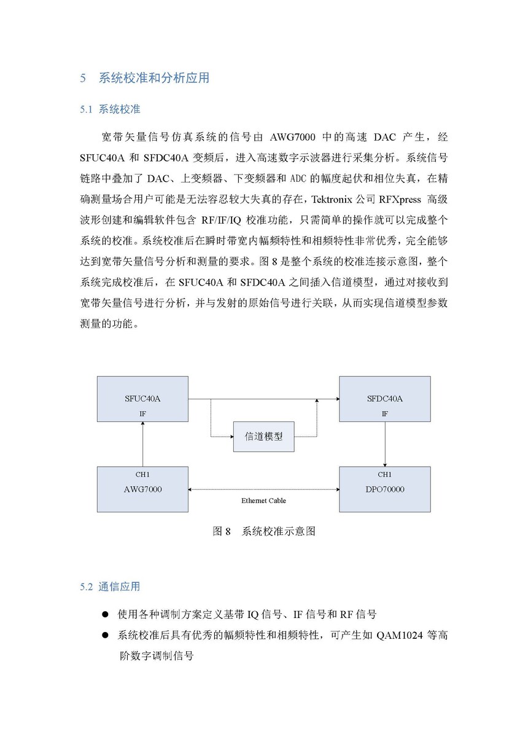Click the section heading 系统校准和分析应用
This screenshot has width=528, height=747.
154,78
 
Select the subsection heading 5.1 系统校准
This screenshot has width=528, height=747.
110,109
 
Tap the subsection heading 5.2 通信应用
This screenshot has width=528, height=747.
110,587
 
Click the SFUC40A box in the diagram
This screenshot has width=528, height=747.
142,399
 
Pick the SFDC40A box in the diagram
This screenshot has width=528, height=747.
385,399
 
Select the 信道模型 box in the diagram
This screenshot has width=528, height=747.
263,437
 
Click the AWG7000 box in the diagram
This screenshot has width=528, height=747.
142,489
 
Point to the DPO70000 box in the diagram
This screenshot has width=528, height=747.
385,489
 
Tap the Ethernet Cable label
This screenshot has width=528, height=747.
263,501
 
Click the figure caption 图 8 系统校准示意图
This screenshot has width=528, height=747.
264,531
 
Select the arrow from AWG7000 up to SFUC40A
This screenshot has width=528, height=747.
142,444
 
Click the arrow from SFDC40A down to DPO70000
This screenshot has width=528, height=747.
385,444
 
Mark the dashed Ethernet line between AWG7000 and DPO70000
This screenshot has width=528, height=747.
263,490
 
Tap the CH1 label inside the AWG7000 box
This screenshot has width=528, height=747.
142,474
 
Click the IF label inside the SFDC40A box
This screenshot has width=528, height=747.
385,414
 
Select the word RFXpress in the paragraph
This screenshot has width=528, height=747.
400,200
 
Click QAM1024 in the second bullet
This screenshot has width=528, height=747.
399,635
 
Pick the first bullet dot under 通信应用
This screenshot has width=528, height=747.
106,614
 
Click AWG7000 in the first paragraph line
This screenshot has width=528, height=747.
292,137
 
